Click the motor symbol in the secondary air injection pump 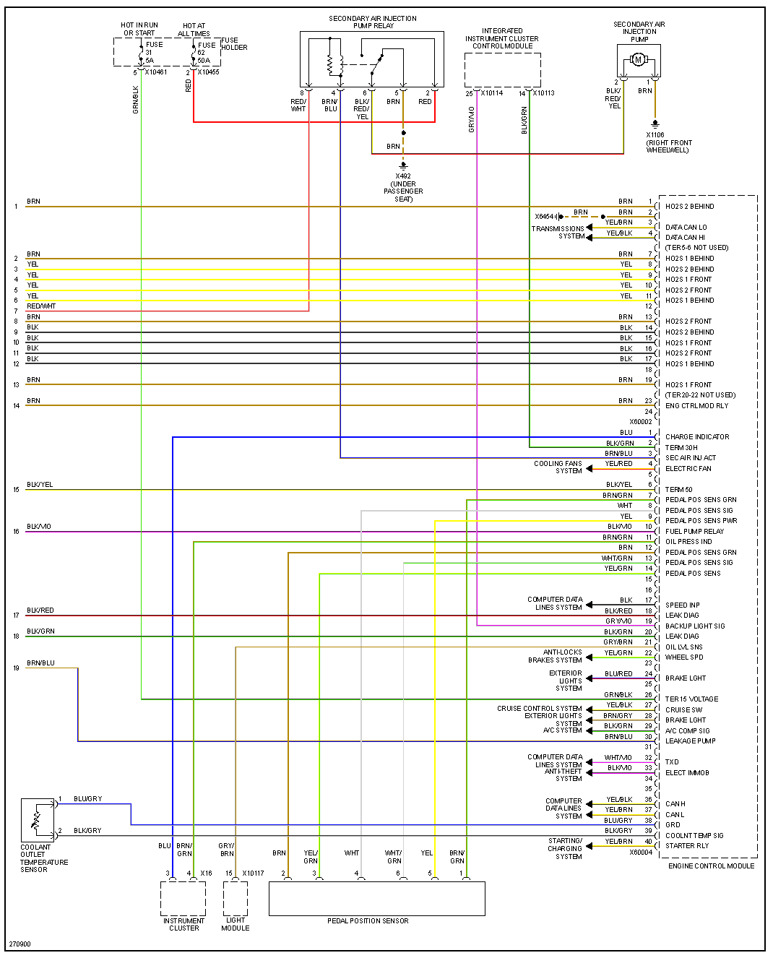638,60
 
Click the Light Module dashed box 236,899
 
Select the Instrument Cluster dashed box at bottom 183,899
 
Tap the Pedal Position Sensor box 376,898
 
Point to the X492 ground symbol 403,165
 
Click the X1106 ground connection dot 655,124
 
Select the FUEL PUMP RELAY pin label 694,531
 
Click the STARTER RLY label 686,845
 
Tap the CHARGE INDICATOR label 697,436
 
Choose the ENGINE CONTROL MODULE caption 711,866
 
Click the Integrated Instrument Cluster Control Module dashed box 502,70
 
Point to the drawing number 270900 20,944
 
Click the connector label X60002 640,422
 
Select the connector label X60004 640,853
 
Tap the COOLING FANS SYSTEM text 558,467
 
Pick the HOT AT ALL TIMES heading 194,30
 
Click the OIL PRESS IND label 688,541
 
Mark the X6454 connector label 544,217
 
